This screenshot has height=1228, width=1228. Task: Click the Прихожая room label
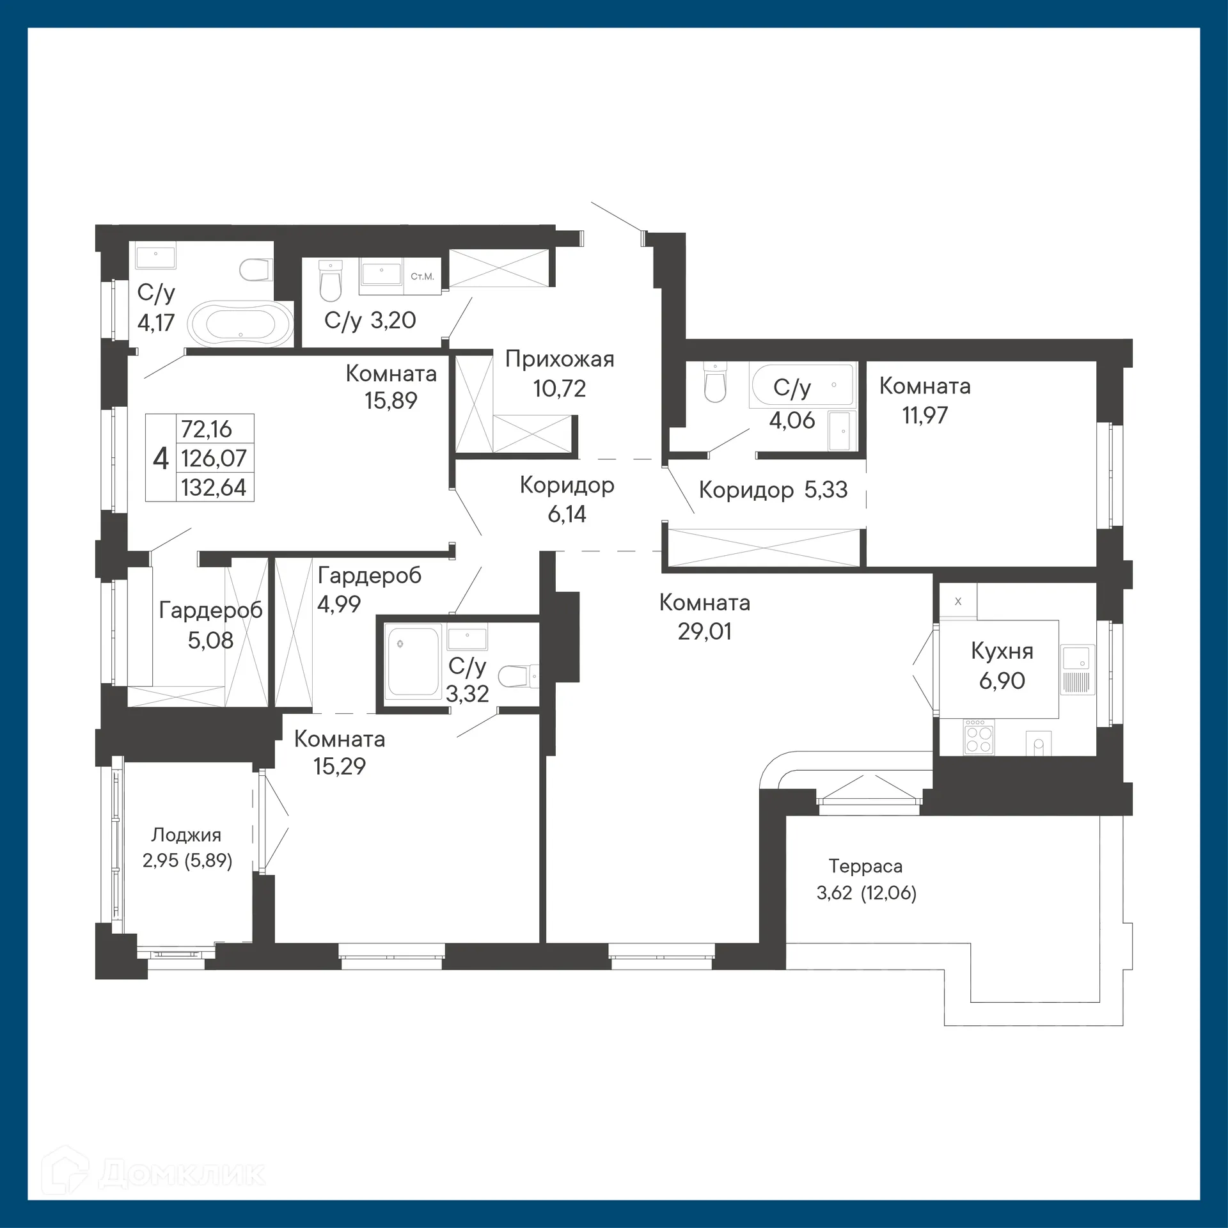[560, 359]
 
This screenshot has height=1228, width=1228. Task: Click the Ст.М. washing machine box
[422, 277]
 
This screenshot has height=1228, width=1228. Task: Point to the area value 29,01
[704, 632]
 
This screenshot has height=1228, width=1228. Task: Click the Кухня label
[1002, 651]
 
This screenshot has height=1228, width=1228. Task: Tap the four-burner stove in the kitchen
[979, 738]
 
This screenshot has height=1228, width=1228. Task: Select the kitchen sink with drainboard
[1078, 670]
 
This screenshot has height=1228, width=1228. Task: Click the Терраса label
[865, 866]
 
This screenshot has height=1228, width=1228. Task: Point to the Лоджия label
[186, 835]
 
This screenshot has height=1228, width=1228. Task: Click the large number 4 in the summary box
[161, 459]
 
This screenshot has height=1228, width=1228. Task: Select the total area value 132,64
[214, 488]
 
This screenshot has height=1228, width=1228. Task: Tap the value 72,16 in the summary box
[207, 429]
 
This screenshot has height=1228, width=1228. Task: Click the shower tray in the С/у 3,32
[413, 662]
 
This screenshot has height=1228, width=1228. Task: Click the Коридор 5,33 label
[773, 490]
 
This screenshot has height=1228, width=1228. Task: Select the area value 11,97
[924, 416]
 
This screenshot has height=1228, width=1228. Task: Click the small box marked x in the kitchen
[957, 601]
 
